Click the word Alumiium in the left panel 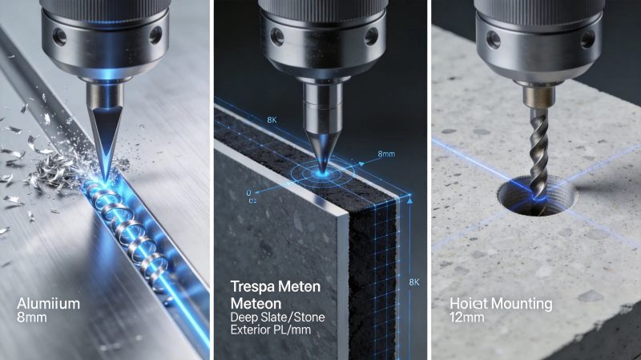47,303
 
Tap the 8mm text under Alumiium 31,319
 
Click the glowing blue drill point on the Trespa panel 323,170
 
